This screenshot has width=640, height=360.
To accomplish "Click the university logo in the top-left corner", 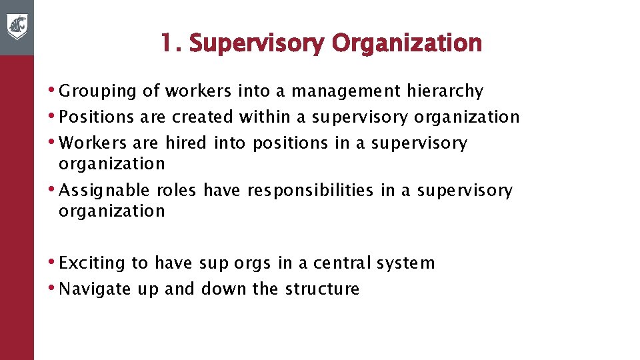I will pos(17,27).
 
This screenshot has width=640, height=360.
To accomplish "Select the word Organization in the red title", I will pos(407,43).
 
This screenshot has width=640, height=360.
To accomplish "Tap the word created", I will pos(202,117).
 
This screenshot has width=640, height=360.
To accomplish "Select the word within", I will pos(264,117).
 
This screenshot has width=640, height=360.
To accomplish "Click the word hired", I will pos(186,143).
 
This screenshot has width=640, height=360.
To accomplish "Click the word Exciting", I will pos(92,263).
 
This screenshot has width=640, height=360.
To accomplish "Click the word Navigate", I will pos(94,289).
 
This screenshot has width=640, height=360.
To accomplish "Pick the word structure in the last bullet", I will pos(322,289).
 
